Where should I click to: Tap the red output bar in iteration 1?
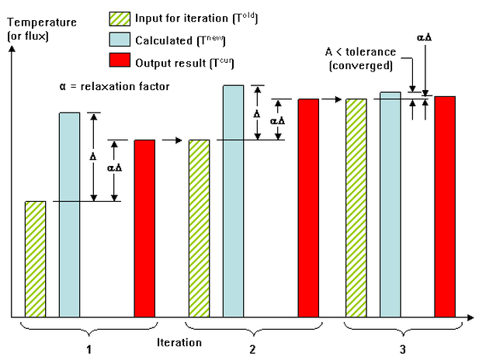pyautogui.click(x=144, y=228)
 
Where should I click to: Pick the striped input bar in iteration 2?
pyautogui.click(x=200, y=228)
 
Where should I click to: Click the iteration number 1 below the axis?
pyautogui.click(x=89, y=349)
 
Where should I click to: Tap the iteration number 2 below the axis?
pyautogui.click(x=252, y=349)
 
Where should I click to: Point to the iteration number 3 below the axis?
pyautogui.click(x=401, y=349)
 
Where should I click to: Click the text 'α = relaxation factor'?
pyautogui.click(x=114, y=86)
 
